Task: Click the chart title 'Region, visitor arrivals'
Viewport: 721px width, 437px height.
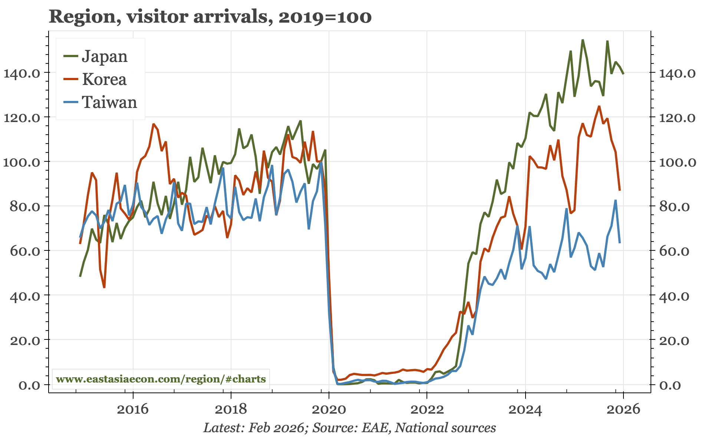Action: (x=210, y=17)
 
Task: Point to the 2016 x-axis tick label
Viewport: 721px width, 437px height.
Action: (x=132, y=409)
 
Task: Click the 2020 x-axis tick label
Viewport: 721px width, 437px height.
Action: (x=329, y=409)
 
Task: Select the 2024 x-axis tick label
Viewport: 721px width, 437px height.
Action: (x=525, y=409)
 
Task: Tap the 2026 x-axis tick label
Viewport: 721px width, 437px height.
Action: (x=623, y=409)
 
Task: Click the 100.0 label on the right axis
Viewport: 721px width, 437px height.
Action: (x=677, y=162)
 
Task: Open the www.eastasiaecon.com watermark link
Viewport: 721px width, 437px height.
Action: (x=161, y=379)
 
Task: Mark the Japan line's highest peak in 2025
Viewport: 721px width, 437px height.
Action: (x=583, y=40)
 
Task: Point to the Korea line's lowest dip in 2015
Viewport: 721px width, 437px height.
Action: (x=104, y=287)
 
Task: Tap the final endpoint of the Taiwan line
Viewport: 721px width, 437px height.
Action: (x=620, y=243)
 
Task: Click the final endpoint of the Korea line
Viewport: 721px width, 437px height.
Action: (x=620, y=190)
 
